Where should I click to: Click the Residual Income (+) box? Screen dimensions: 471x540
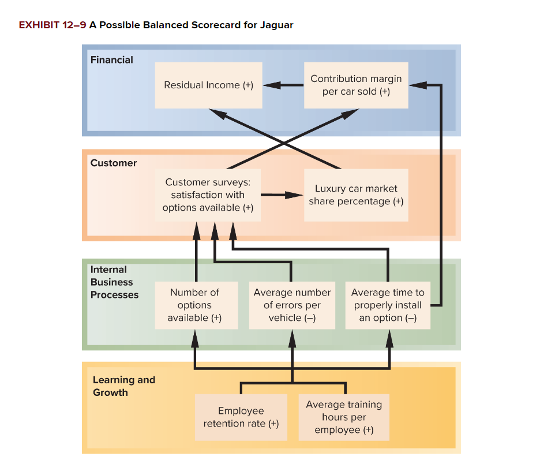[208, 85]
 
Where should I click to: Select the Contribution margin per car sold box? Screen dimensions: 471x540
[356, 85]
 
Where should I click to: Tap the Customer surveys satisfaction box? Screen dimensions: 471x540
[208, 195]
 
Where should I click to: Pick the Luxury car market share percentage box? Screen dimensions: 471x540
[356, 195]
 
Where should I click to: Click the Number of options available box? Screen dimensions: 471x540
[196, 305]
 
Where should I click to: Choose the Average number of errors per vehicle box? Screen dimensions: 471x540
[292, 305]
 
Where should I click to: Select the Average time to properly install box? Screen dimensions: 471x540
[388, 305]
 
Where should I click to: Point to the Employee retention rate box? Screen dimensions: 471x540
[241, 417]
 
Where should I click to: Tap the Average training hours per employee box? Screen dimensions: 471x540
[344, 417]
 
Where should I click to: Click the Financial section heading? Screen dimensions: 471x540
[111, 60]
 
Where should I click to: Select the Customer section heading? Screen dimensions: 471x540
[114, 163]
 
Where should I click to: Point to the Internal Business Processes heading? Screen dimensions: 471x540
[114, 282]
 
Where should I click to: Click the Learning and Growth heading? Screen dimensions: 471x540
[123, 386]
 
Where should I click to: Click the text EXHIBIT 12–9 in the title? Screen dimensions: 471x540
[52, 25]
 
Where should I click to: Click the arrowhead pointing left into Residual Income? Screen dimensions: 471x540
[271, 85]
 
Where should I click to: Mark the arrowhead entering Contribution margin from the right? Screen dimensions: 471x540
[417, 85]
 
